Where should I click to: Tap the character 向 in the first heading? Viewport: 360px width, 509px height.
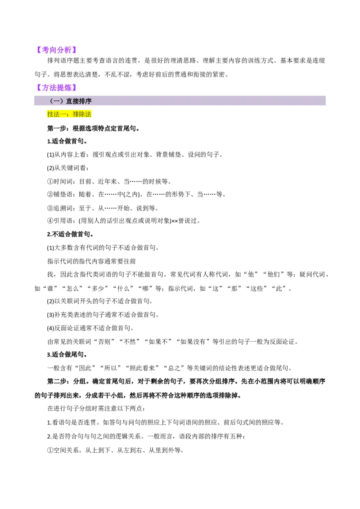tap(53, 49)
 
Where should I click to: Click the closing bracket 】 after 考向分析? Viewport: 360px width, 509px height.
tap(74, 49)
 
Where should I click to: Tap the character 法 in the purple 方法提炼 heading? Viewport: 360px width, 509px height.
tap(53, 88)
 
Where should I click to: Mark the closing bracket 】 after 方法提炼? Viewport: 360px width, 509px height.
tap(74, 88)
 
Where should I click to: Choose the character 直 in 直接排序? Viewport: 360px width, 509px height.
tap(69, 101)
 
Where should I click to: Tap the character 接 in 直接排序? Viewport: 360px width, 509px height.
tap(76, 101)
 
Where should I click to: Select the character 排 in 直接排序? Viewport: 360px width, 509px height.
tap(82, 101)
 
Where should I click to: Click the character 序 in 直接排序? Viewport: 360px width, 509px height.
tap(88, 101)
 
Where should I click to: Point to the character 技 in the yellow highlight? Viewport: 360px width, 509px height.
tap(50, 114)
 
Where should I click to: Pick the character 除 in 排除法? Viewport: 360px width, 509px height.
tap(82, 114)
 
